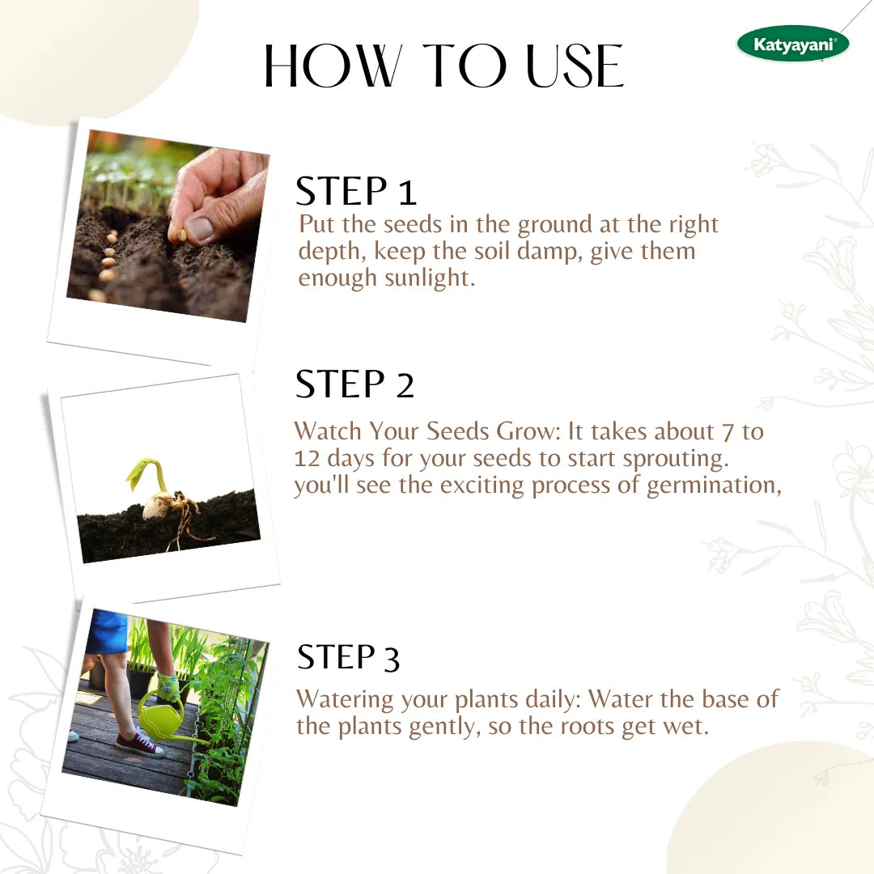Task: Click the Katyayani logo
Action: coord(792,44)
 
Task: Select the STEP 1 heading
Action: coord(356,192)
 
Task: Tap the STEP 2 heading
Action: coord(354,384)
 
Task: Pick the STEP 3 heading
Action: coord(348,658)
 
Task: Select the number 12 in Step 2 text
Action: coord(308,458)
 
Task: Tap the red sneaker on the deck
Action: coord(138,744)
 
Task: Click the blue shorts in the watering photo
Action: coord(108,631)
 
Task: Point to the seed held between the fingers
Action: coord(182,234)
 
